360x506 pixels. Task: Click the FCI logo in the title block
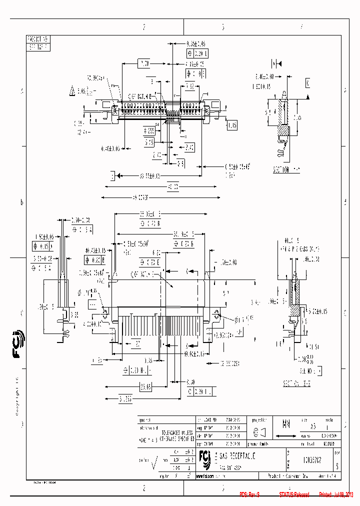[x=204, y=457]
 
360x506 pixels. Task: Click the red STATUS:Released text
[x=294, y=494]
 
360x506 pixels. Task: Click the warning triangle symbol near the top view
[x=73, y=91]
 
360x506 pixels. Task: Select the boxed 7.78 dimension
[x=144, y=63]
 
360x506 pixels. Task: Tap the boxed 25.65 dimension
[x=145, y=386]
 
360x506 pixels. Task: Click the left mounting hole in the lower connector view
[x=105, y=313]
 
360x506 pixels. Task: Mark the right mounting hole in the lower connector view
[x=216, y=314]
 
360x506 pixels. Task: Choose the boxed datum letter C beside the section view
[x=307, y=83]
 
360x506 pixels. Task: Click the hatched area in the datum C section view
[x=283, y=129]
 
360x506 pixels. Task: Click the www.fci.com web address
[x=213, y=475]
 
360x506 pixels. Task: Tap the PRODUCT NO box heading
[x=38, y=38]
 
